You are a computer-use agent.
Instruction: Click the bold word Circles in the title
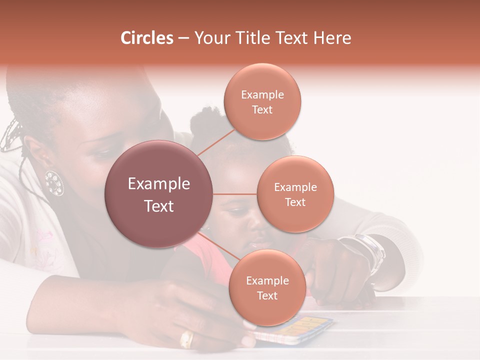[147, 38]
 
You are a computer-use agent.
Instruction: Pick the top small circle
[262, 102]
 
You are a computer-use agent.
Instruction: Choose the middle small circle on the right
[295, 194]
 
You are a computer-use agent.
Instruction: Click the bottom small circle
[267, 288]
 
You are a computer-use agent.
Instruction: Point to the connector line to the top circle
[215, 141]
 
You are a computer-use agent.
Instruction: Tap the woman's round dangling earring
[54, 183]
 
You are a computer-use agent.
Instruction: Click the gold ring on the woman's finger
[186, 339]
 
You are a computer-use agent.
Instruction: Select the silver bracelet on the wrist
[372, 252]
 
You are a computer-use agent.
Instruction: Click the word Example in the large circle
[159, 184]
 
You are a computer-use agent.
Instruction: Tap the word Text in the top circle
[262, 110]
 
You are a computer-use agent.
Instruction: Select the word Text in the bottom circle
[267, 296]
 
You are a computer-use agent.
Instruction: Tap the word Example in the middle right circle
[295, 187]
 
